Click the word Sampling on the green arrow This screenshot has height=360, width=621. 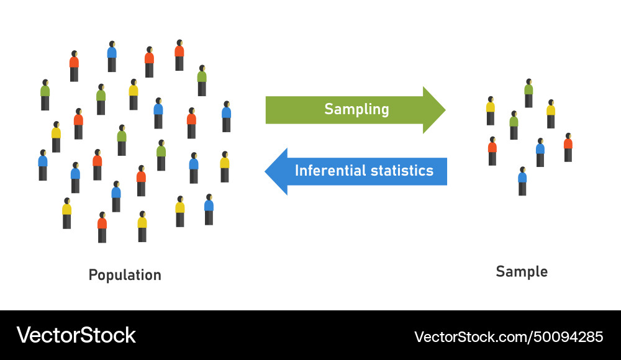click(x=356, y=110)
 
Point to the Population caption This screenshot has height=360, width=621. click(x=125, y=275)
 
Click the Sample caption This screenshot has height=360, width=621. click(x=522, y=271)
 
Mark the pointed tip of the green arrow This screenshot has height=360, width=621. click(x=444, y=110)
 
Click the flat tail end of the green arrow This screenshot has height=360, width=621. click(x=267, y=110)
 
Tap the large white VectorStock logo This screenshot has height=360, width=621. click(x=76, y=335)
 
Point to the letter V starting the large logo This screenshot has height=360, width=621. click(x=24, y=335)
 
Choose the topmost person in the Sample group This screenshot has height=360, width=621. click(x=528, y=93)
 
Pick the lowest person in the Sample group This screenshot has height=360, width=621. click(x=522, y=181)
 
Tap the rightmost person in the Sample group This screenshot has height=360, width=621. click(x=568, y=147)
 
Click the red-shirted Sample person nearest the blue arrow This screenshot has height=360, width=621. click(x=492, y=151)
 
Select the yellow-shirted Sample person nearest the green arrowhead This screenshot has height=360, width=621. click(x=491, y=110)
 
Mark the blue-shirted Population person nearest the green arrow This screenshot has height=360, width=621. click(x=227, y=116)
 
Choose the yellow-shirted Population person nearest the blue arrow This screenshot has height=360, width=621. click(x=225, y=166)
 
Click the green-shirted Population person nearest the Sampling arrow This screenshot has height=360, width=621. click(x=202, y=80)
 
